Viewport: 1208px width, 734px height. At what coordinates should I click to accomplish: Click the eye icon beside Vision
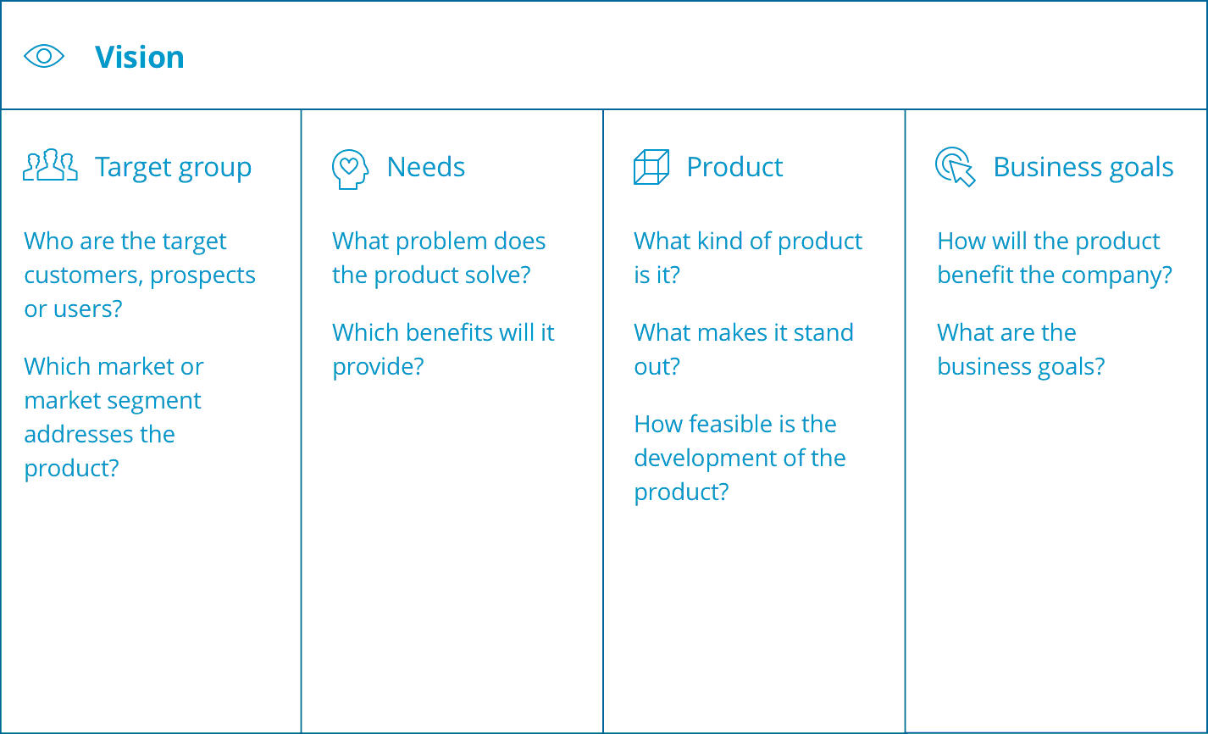(x=44, y=57)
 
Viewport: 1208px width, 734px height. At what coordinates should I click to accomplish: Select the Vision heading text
(x=139, y=57)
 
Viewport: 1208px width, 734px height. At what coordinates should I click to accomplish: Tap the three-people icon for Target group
(x=50, y=166)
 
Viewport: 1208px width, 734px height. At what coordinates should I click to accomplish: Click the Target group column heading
(x=173, y=167)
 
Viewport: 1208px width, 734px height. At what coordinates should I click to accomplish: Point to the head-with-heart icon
(x=350, y=169)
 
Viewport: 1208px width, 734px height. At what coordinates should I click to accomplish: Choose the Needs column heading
(x=425, y=167)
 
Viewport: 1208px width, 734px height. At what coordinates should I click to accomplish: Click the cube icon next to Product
(x=651, y=167)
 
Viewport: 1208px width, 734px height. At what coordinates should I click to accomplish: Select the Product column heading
(x=734, y=167)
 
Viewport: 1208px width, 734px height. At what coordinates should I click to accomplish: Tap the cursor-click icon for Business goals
(x=955, y=167)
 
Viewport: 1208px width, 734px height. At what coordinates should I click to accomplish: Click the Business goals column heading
(x=1083, y=167)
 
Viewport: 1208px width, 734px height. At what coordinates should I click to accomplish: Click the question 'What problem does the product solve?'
(x=439, y=258)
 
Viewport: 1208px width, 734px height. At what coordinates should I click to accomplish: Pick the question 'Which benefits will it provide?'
(x=443, y=349)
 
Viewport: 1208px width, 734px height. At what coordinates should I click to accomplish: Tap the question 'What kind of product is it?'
(x=747, y=258)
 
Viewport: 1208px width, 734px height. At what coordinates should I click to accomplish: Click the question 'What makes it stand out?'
(x=743, y=349)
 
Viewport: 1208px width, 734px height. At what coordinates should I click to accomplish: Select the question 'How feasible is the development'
(x=740, y=458)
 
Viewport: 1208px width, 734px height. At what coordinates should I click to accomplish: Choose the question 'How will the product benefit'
(x=1054, y=258)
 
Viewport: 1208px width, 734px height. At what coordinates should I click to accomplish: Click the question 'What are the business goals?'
(x=1021, y=349)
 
